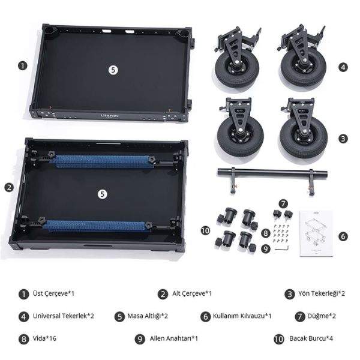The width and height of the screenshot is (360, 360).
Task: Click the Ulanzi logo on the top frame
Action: pyautogui.click(x=109, y=116)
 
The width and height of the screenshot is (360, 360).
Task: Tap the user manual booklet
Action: pyautogui.click(x=316, y=233)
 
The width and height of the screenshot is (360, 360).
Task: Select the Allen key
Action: pyautogui.click(x=282, y=248)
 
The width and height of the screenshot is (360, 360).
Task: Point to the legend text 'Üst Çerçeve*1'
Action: pyautogui.click(x=53, y=293)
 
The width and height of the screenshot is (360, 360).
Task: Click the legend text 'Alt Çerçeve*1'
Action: pyautogui.click(x=192, y=293)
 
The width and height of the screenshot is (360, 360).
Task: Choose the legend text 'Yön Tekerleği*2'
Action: pyautogui.click(x=322, y=293)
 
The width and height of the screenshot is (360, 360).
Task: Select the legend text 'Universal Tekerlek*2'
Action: pyautogui.click(x=64, y=316)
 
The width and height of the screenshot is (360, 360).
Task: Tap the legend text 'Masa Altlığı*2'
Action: pyautogui.click(x=148, y=316)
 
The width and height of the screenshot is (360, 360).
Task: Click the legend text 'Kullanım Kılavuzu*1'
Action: pyautogui.click(x=242, y=316)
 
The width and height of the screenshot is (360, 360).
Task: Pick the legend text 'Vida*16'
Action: pyautogui.click(x=44, y=338)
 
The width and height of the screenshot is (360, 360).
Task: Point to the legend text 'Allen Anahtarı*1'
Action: pyautogui.click(x=174, y=338)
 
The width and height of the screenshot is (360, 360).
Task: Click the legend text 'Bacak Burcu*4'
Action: pyautogui.click(x=311, y=338)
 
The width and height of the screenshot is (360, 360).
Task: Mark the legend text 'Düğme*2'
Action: pyautogui.click(x=322, y=316)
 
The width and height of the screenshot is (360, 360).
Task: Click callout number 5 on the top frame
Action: pyautogui.click(x=113, y=70)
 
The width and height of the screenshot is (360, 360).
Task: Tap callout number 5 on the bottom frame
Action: pyautogui.click(x=102, y=194)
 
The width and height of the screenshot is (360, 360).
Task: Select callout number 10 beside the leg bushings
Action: pyautogui.click(x=205, y=230)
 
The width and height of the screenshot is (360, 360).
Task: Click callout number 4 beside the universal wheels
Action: pyautogui.click(x=343, y=67)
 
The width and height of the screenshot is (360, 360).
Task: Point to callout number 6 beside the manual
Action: pyautogui.click(x=343, y=236)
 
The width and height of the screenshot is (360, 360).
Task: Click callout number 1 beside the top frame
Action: pyautogui.click(x=23, y=66)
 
